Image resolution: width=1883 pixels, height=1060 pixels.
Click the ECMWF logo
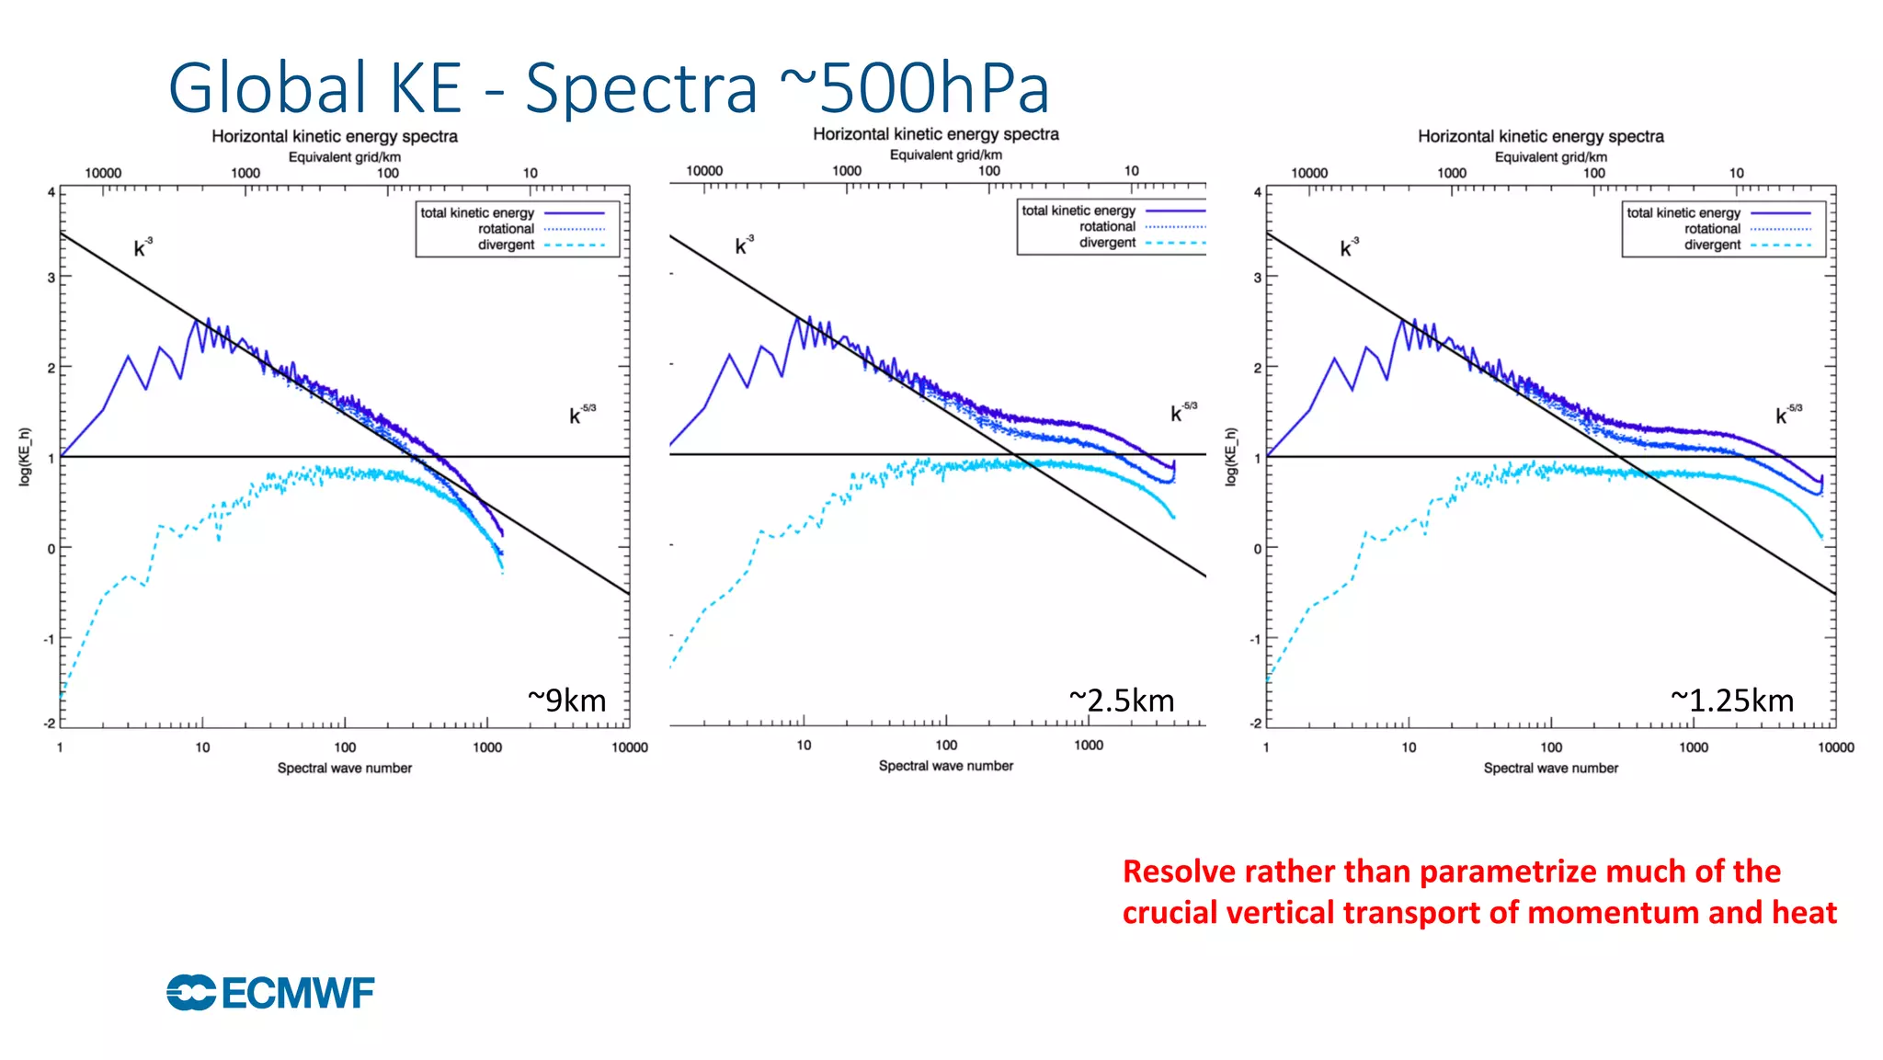(x=270, y=993)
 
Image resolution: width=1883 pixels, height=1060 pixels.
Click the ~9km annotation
(x=567, y=701)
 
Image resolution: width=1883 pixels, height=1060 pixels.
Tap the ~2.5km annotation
(x=1122, y=701)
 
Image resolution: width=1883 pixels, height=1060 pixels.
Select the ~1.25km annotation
(x=1732, y=701)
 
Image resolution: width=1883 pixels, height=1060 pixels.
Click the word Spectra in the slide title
(x=641, y=89)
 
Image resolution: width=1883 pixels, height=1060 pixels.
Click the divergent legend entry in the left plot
(x=506, y=245)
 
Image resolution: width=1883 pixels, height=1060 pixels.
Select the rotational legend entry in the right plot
(x=1712, y=229)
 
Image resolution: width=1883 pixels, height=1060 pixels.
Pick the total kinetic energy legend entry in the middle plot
(x=1078, y=211)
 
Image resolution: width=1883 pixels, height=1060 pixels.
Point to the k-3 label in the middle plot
(x=744, y=245)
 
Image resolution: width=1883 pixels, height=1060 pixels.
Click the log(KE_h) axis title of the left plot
(x=25, y=457)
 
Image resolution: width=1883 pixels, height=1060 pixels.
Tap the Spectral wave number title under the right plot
(x=1550, y=768)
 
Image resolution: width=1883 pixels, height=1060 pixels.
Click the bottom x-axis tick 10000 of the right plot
(x=1835, y=747)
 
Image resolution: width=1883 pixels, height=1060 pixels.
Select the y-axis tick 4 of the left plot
(x=51, y=193)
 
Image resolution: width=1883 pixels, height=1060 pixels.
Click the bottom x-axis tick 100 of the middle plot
(x=946, y=746)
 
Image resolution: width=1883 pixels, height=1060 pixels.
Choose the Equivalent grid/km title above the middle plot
(x=945, y=154)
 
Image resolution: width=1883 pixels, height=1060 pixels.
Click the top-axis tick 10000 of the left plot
(x=103, y=173)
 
